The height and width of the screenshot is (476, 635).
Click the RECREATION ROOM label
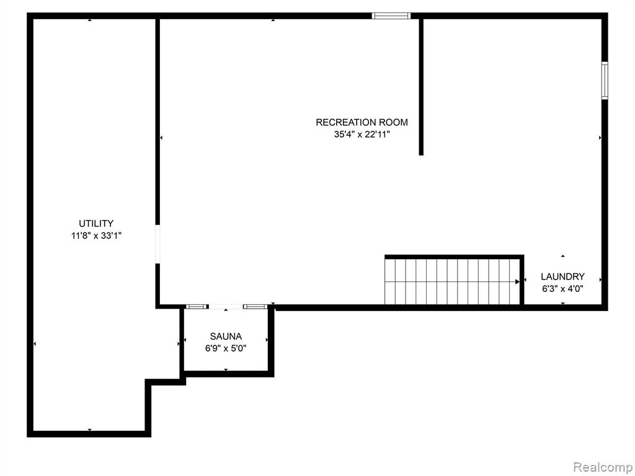(362, 122)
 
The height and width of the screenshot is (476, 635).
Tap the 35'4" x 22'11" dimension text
(362, 134)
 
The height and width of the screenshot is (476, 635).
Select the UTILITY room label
(96, 223)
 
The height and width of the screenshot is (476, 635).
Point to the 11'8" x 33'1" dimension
(96, 236)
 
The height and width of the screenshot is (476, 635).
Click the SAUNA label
(226, 337)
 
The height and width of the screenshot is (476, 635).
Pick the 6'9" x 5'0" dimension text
(226, 348)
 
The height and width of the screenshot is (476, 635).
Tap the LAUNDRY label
(562, 276)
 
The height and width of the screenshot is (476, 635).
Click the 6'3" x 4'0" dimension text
(562, 289)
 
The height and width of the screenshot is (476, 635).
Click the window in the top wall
(391, 15)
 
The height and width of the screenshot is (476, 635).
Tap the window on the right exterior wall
(605, 81)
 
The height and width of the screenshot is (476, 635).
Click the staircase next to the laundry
(452, 281)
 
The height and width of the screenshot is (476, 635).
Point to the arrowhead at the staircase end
(517, 281)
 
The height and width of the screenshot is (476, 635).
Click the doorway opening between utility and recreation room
(158, 244)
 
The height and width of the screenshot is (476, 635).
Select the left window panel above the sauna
(197, 306)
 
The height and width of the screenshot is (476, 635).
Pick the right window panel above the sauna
(255, 306)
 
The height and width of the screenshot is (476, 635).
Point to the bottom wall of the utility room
(89, 434)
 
